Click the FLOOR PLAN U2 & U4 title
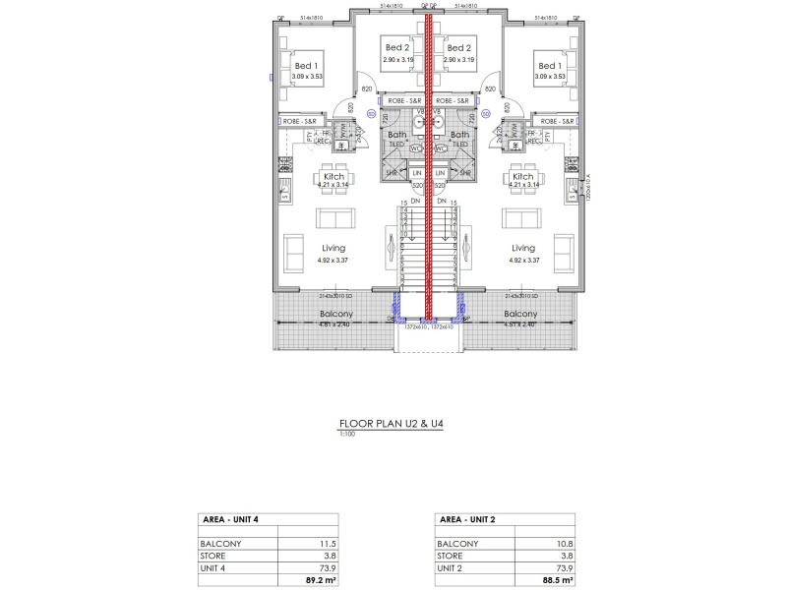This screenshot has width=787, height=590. point(393,426)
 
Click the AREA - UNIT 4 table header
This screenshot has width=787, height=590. point(231,519)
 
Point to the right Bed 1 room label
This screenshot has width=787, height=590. point(548,65)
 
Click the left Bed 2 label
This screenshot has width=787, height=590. point(396,48)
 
